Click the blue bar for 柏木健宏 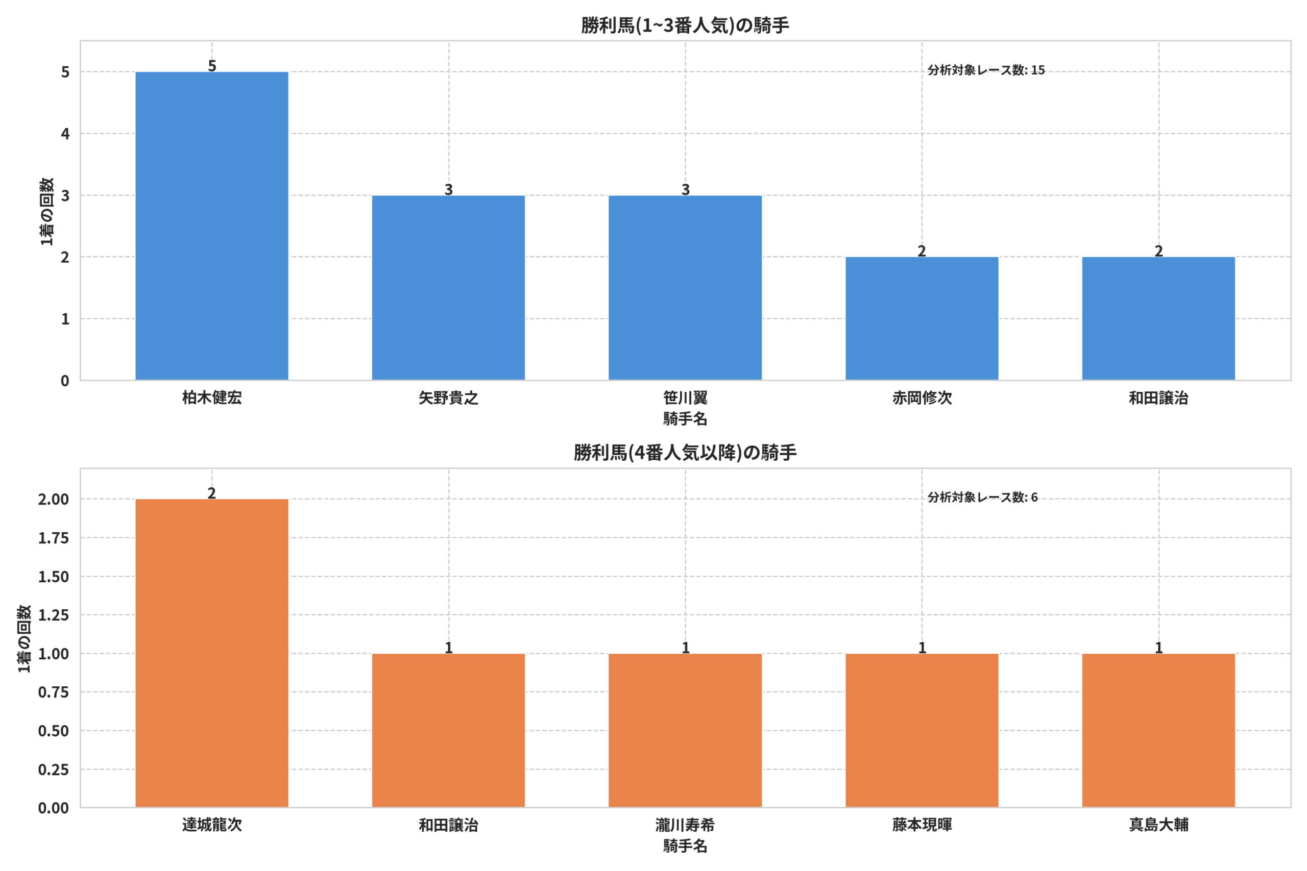click(x=212, y=226)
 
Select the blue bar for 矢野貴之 click(x=448, y=288)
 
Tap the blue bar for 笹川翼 click(x=685, y=288)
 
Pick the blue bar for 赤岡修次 click(x=922, y=319)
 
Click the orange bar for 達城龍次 click(x=212, y=653)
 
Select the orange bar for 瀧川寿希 click(x=685, y=731)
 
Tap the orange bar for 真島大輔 click(x=1158, y=731)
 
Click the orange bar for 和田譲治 click(x=448, y=731)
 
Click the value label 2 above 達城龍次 click(x=212, y=493)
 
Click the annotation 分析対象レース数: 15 click(x=986, y=70)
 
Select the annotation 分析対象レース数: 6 click(x=982, y=497)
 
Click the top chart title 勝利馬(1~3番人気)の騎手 click(x=685, y=26)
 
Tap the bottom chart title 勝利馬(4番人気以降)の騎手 click(x=685, y=453)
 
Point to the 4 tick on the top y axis click(x=65, y=134)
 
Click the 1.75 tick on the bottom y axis click(x=53, y=538)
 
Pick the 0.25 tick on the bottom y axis click(x=53, y=770)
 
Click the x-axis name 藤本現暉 click(x=922, y=825)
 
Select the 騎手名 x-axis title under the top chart click(x=685, y=419)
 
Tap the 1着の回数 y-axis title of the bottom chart click(x=23, y=639)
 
